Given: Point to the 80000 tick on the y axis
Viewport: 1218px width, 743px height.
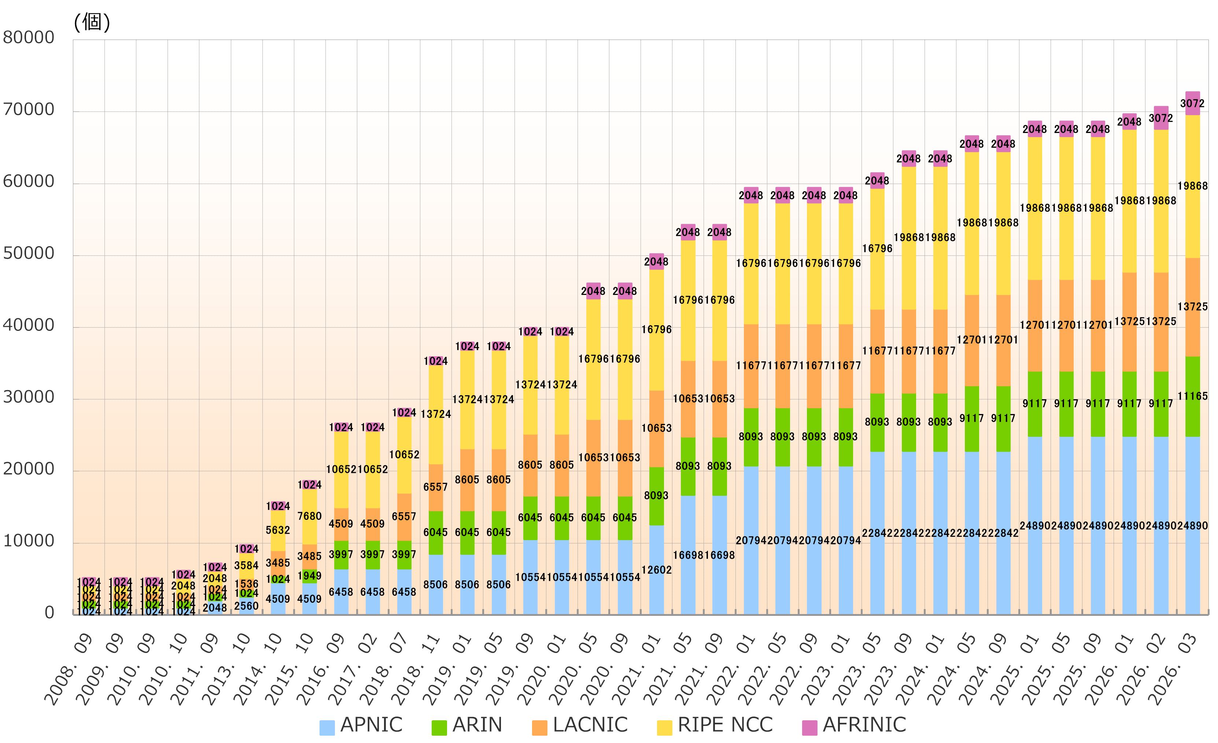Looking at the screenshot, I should [29, 38].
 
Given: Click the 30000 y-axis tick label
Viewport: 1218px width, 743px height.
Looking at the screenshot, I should [29, 397].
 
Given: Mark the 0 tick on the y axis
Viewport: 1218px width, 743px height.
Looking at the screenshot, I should [49, 613].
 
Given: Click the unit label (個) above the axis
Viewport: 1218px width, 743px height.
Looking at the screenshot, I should [92, 22].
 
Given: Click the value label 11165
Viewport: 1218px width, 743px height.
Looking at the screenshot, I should [1192, 396].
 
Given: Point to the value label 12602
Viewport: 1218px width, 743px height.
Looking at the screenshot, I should [657, 570].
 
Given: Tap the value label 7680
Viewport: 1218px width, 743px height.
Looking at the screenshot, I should [309, 516].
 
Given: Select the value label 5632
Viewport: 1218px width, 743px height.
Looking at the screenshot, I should [278, 530].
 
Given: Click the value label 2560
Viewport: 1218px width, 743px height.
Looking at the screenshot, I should [246, 606].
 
